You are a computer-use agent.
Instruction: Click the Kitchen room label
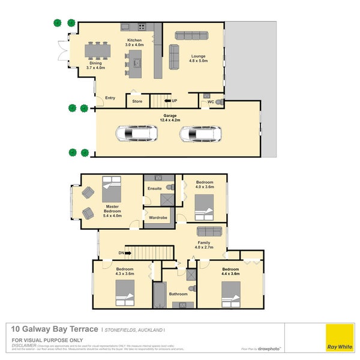(x=134, y=40)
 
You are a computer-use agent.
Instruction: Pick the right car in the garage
(x=200, y=133)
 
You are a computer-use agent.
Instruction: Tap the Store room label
(x=137, y=101)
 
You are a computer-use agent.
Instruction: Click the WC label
(x=211, y=101)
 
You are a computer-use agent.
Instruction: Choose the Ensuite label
(x=154, y=188)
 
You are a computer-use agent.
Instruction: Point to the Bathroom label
(x=178, y=294)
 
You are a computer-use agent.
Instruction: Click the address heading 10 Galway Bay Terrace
(x=55, y=329)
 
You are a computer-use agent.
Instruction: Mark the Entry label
(x=110, y=98)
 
